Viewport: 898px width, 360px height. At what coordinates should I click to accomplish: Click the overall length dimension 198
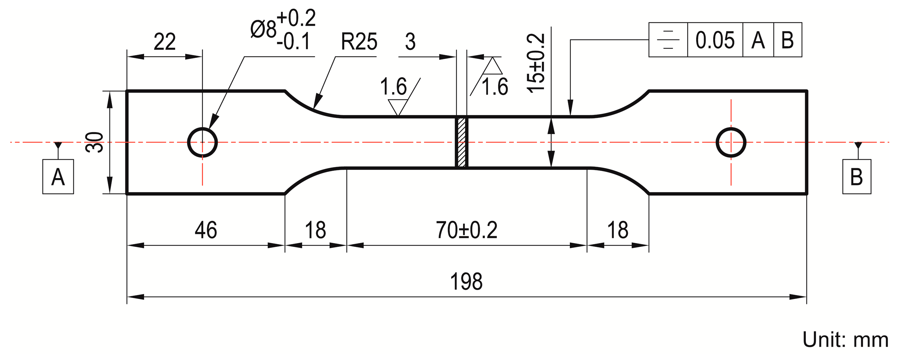click(466, 281)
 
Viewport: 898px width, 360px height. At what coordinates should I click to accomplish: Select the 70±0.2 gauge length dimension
click(466, 230)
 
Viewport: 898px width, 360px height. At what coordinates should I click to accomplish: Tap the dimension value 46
click(206, 230)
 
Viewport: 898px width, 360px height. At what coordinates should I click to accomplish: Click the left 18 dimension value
click(315, 230)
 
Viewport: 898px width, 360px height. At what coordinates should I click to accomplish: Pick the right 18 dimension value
click(617, 230)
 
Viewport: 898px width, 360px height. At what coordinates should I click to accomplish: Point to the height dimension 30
click(94, 142)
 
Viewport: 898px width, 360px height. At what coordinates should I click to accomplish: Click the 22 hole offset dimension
click(164, 42)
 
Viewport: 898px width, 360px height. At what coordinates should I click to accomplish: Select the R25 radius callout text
click(359, 42)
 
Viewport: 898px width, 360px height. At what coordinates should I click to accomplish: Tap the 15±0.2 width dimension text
click(535, 63)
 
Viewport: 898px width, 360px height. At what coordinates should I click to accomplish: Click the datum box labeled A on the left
click(58, 177)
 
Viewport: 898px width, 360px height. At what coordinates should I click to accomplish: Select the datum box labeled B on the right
click(856, 177)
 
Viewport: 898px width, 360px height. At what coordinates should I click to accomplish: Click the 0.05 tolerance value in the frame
click(715, 40)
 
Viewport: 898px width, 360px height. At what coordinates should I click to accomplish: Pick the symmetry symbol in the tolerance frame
click(668, 40)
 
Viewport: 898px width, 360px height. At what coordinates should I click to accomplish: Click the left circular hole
click(202, 142)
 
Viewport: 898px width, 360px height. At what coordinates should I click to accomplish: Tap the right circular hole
click(731, 142)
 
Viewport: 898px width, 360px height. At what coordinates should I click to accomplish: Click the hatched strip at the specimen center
click(462, 142)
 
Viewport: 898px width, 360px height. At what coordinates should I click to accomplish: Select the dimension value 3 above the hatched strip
click(410, 42)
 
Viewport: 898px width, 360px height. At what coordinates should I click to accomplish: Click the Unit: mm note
click(845, 340)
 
